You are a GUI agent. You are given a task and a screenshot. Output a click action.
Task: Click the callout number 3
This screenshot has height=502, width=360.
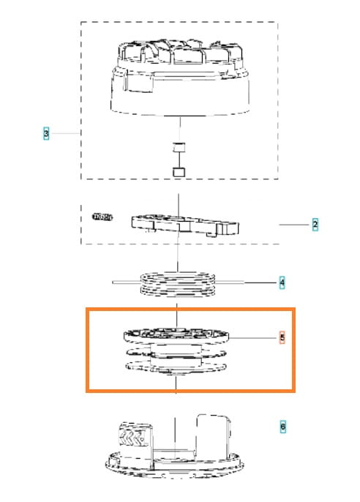pos(46,133)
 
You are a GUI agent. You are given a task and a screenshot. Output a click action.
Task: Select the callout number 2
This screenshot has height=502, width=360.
pos(315,225)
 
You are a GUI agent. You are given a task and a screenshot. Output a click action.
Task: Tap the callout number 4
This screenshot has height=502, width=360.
pos(282,282)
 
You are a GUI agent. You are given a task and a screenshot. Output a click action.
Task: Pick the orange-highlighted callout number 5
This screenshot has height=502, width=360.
pos(282,337)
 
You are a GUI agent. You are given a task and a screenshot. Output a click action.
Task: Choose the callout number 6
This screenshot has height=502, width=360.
pos(282,427)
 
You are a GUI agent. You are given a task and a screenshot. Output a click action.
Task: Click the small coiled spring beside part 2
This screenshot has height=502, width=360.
pos(102,217)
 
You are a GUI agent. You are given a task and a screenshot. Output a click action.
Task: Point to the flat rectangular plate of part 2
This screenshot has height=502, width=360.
pos(185,225)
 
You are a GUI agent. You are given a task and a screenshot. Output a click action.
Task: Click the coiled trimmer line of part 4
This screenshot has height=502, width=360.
pos(179,284)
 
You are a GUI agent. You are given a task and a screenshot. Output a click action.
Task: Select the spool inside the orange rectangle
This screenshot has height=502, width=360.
pos(176,351)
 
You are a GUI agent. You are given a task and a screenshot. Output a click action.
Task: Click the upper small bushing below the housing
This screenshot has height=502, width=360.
pos(179,147)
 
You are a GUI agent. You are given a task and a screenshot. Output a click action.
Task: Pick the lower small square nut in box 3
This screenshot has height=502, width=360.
pos(179,172)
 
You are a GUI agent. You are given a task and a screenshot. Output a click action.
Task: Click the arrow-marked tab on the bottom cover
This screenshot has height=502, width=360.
pos(135,435)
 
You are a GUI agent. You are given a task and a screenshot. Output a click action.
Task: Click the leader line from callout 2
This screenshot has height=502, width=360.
pos(294,225)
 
